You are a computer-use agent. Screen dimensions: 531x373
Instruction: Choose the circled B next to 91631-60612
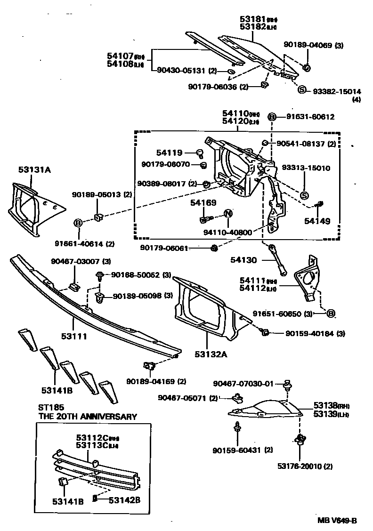pos(272,117)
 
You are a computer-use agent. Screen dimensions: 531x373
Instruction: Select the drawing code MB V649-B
pos(338,520)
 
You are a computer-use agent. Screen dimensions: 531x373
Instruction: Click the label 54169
pos(203,203)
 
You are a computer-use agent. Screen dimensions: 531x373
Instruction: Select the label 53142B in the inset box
pos(125,500)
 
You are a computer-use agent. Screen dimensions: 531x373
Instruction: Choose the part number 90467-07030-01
pos(243,384)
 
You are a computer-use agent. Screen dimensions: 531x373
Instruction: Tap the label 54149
pos(317,220)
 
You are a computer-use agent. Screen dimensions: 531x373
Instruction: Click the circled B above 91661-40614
pos(78,223)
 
